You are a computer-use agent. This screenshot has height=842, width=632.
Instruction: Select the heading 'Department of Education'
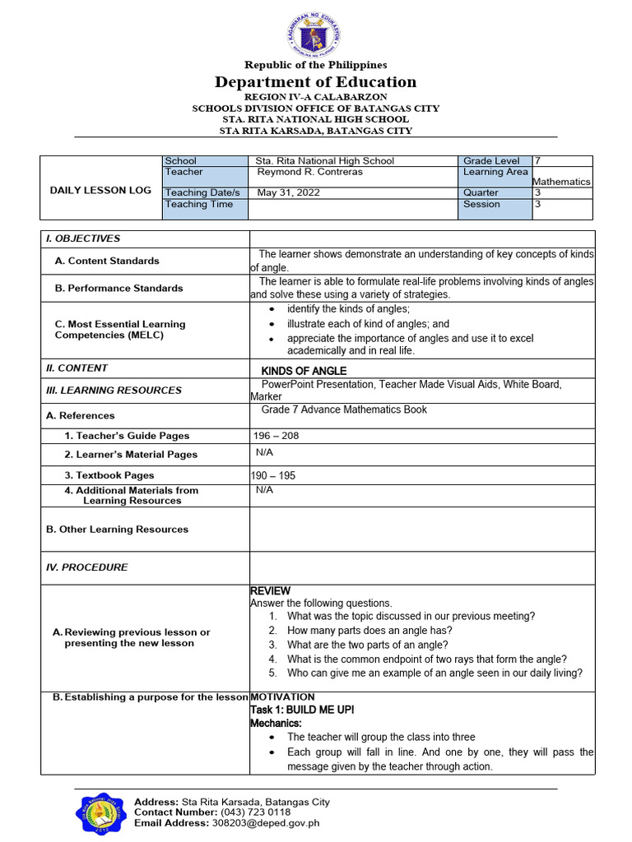[x=315, y=81]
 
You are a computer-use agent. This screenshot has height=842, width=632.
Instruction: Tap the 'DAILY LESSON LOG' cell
[x=100, y=190]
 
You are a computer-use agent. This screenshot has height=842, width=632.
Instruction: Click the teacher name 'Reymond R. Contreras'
[x=309, y=172]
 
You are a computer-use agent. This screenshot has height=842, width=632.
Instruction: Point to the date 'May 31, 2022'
[x=288, y=192]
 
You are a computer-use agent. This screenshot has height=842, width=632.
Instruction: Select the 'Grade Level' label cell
[x=491, y=161]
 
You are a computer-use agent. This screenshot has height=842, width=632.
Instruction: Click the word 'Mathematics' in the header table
[x=561, y=182]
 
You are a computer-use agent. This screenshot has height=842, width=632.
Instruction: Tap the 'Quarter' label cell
[x=481, y=192]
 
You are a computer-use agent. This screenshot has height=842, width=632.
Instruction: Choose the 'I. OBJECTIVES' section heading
[x=83, y=238]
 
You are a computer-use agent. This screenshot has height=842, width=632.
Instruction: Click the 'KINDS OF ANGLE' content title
[x=304, y=371]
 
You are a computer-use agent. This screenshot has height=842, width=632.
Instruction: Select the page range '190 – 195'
[x=273, y=475]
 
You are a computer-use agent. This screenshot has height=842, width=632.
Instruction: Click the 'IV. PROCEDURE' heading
[x=87, y=567]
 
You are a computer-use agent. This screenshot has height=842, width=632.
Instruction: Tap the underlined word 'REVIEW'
[x=270, y=591]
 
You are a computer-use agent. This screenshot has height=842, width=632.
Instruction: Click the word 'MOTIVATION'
[x=282, y=697]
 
